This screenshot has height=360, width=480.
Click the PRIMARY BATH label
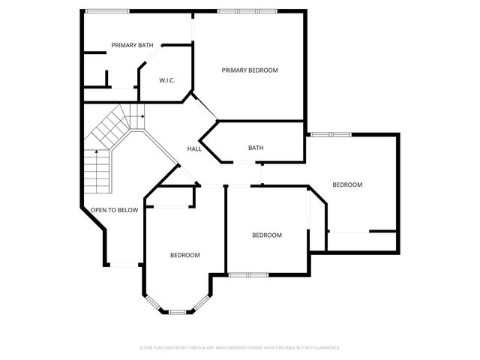point(132,45)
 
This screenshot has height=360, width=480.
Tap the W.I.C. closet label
point(166,80)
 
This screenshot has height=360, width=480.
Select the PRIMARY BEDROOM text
point(250,70)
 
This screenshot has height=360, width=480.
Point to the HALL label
point(194,149)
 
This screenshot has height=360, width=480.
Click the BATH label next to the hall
point(256,148)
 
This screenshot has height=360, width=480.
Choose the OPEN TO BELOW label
point(114,210)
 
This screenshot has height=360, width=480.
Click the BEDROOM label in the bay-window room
point(184,255)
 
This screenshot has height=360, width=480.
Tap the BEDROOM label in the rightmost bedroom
point(347,184)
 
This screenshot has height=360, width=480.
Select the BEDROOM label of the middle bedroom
point(266,235)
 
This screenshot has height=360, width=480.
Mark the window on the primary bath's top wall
point(106,10)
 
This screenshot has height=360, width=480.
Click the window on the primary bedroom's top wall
point(246,10)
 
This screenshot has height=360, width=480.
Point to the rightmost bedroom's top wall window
point(331,134)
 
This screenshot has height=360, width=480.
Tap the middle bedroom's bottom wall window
point(248,274)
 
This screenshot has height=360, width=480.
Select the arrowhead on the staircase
point(141,116)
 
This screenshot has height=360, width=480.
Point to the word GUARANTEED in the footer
point(325,348)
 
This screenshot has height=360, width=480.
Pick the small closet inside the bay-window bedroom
point(171,196)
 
